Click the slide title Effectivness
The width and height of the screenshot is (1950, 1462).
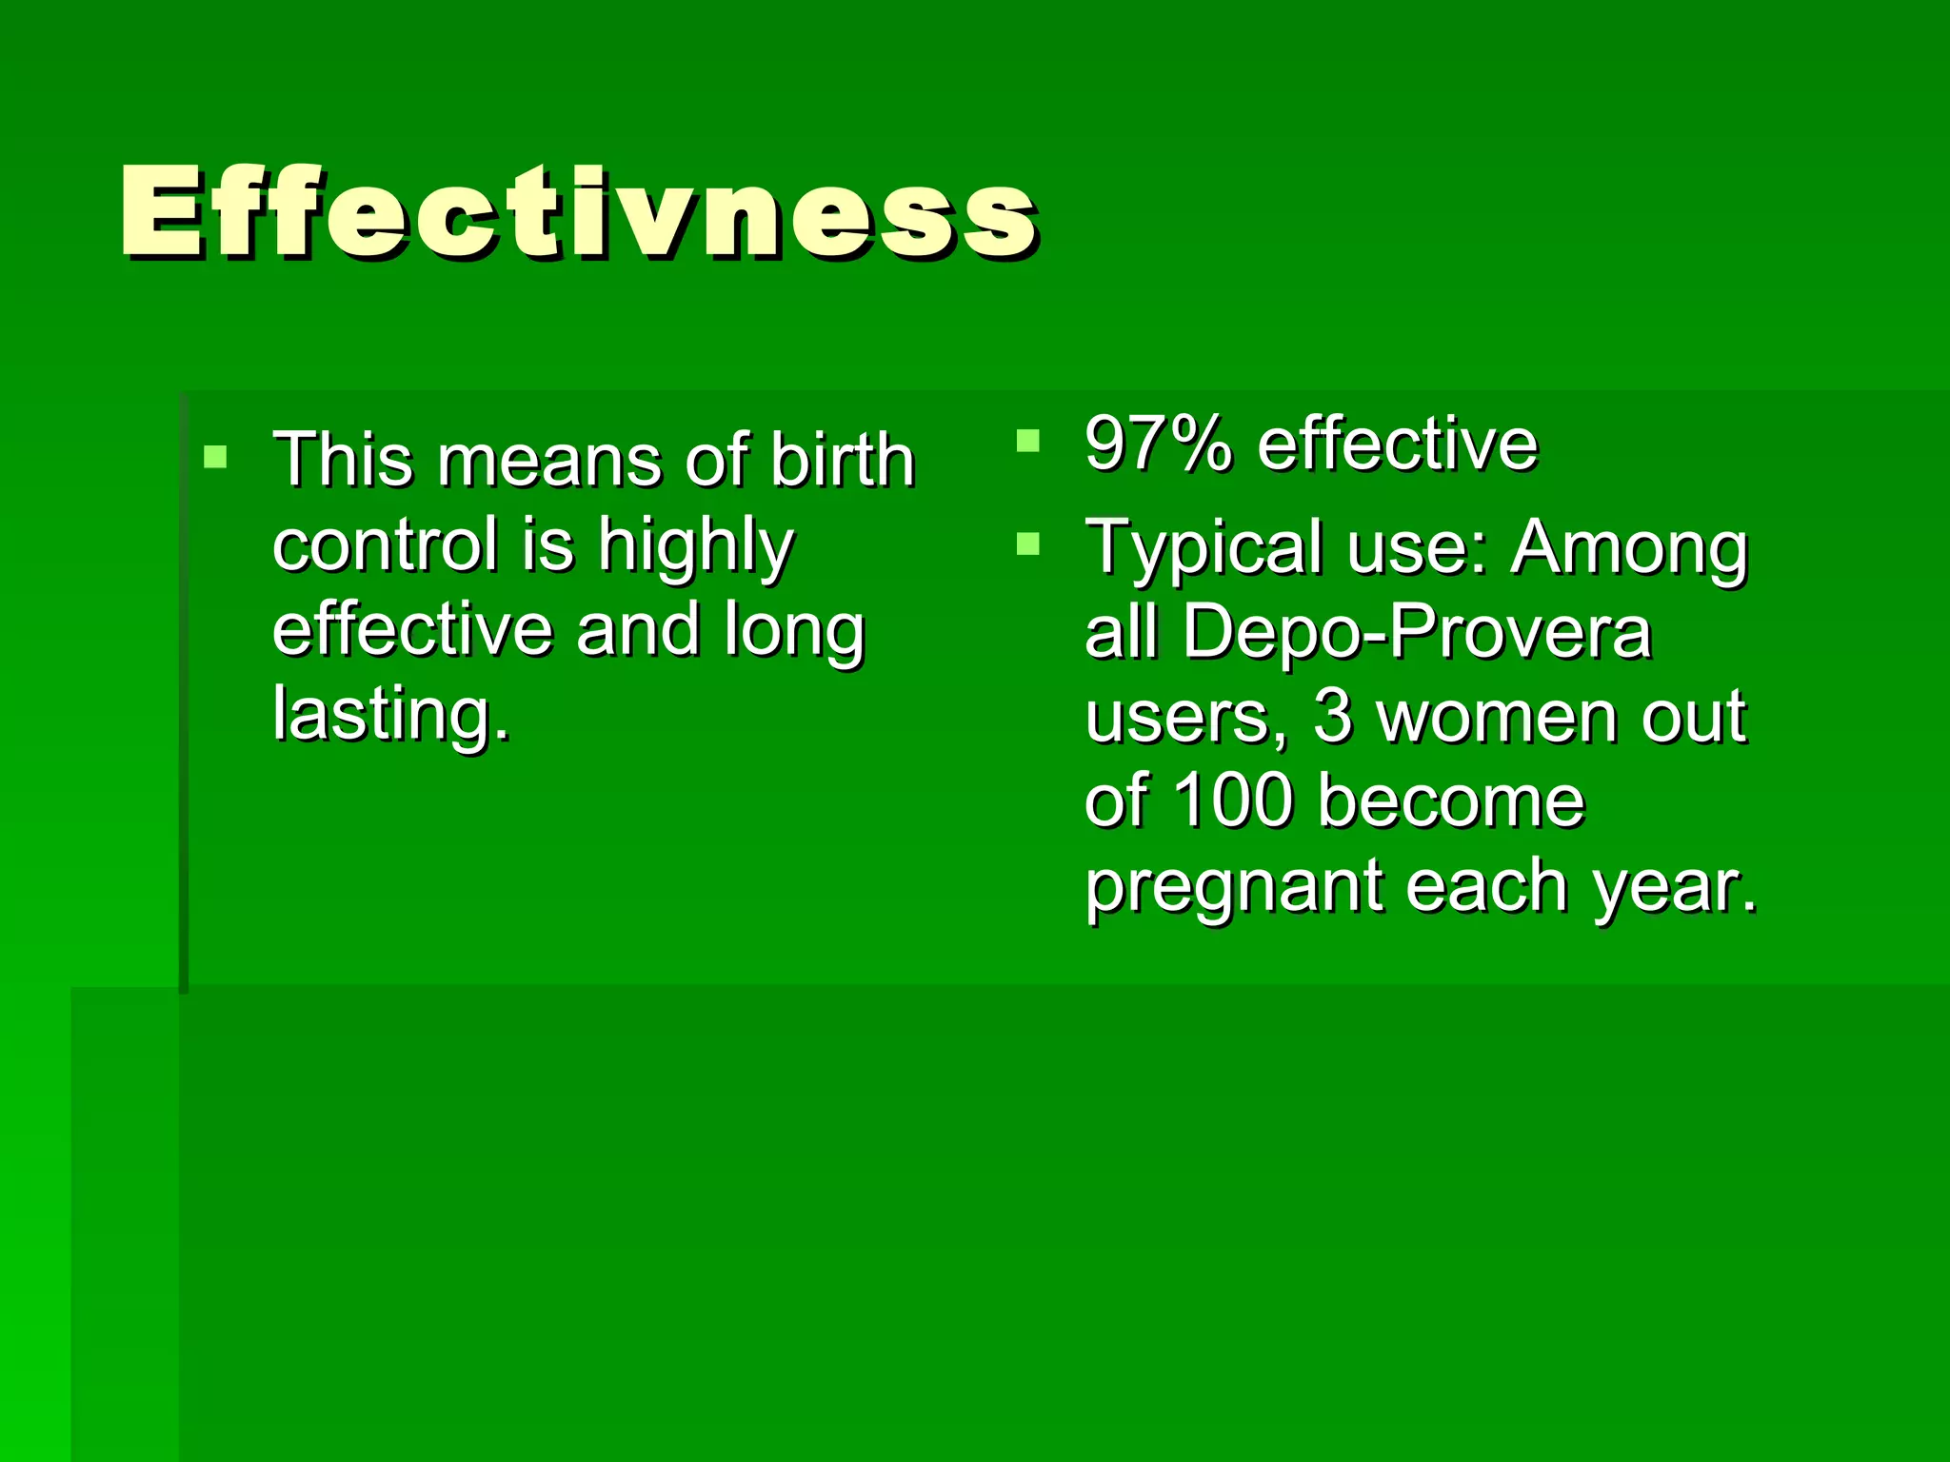578,212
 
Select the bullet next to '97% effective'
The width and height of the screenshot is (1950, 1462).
1027,440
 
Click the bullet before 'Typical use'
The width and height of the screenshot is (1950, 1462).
1027,543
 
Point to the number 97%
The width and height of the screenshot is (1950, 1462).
1157,444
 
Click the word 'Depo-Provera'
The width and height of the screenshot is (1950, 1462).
1416,631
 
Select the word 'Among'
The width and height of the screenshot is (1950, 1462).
1629,547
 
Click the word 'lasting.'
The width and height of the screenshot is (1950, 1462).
391,715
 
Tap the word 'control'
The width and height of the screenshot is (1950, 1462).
385,544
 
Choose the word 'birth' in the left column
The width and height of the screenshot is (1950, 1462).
842,460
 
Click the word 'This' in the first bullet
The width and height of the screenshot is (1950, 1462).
343,460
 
